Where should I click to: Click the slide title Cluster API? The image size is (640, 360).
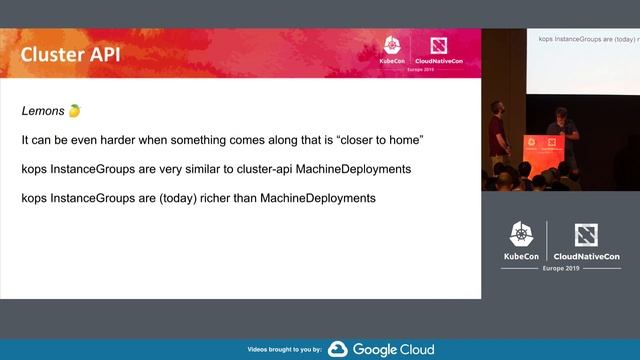pyautogui.click(x=70, y=54)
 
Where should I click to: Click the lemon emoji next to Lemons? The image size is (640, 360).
pyautogui.click(x=74, y=109)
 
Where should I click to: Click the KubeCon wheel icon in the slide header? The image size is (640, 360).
pyautogui.click(x=391, y=46)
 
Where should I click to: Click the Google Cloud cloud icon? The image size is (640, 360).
pyautogui.click(x=337, y=349)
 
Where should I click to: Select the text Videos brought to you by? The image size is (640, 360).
pyautogui.click(x=284, y=350)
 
